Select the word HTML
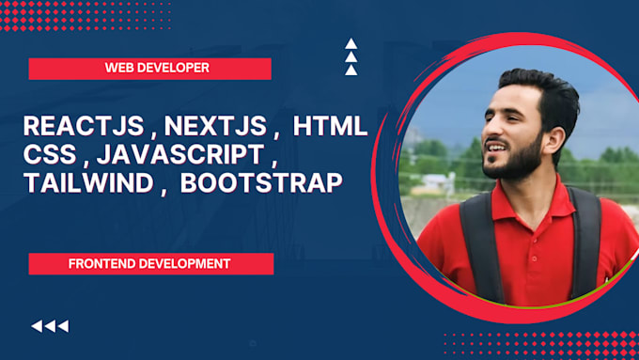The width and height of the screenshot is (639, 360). tap(330, 127)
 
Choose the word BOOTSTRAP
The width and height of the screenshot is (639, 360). tap(260, 182)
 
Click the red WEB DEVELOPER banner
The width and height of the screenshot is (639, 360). tap(150, 69)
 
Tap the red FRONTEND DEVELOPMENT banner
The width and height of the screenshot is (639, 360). tap(150, 264)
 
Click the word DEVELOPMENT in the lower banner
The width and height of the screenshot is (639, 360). tap(184, 264)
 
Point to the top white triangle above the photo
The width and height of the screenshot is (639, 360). tap(351, 43)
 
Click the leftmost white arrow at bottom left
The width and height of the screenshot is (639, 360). tap(37, 326)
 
